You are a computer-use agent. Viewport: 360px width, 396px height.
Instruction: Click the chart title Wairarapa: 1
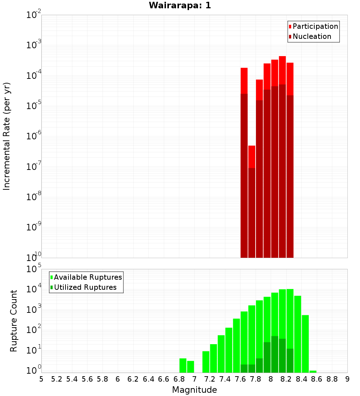pos(180,6)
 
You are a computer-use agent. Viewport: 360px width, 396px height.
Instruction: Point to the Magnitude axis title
pos(194,390)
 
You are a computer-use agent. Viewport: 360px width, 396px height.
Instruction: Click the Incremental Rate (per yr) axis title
pos(7,136)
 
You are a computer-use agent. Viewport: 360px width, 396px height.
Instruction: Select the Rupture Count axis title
pos(14,320)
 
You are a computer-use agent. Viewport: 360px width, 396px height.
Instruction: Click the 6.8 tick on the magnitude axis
pos(179,379)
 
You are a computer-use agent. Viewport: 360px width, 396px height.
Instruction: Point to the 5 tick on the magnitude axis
pos(41,379)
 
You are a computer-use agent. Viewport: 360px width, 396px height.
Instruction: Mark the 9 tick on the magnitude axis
pos(347,379)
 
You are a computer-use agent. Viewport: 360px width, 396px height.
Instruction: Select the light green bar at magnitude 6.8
pos(183,365)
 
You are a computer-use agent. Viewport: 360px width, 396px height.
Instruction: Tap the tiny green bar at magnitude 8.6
pos(313,371)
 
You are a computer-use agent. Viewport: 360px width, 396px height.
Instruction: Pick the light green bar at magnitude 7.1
pos(206,361)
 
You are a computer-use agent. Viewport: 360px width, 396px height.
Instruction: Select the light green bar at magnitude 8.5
pos(305,343)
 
